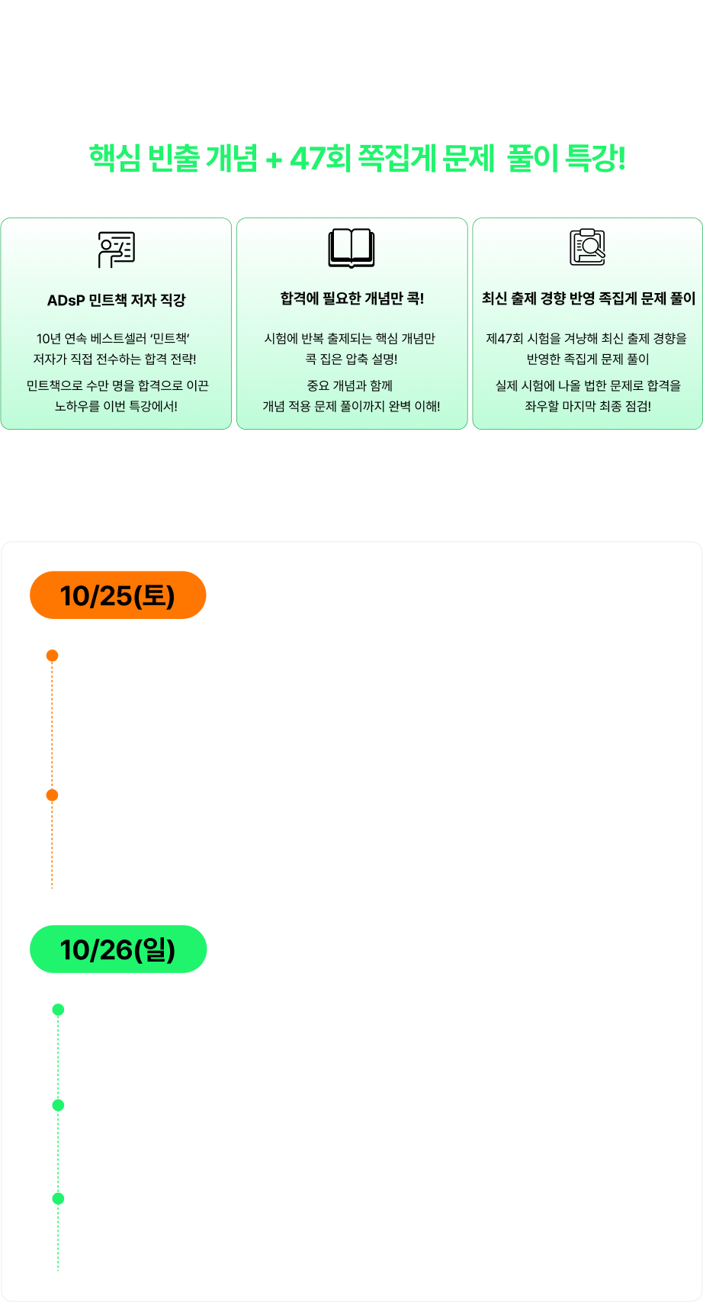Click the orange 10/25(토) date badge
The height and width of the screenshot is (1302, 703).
pos(118,595)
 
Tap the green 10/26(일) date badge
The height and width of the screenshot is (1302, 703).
pos(118,949)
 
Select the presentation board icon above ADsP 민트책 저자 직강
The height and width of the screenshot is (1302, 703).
pos(117,249)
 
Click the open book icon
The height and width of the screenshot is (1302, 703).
pos(351,248)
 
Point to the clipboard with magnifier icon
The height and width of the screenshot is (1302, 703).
pos(588,247)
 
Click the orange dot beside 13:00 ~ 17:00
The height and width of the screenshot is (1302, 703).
pos(52,795)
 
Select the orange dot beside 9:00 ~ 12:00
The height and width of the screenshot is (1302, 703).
pos(52,656)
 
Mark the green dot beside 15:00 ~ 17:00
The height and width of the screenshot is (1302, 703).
pos(58,1199)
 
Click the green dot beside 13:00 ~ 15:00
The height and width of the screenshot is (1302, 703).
pos(58,1105)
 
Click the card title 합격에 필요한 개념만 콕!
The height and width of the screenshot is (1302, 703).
pos(351,298)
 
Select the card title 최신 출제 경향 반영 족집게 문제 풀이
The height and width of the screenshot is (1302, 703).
pos(588,298)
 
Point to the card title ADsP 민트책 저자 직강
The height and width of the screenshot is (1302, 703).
pos(117,300)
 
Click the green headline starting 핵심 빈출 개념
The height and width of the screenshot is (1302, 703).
pos(357,159)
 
